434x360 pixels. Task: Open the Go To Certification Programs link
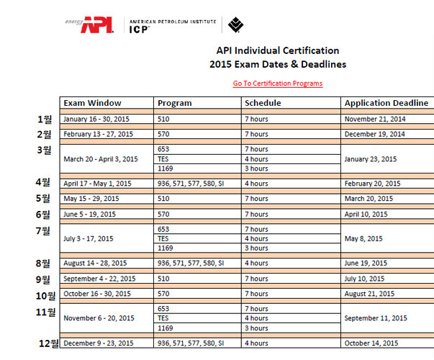277,84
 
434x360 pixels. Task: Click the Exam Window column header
92,103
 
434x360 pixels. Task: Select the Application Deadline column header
386,103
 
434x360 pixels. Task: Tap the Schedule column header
263,103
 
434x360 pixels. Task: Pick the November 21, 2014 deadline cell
375,119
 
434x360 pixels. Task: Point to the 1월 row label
45,119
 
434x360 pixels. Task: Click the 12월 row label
50,343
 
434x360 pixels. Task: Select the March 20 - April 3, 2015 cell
101,159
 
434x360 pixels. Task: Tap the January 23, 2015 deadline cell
371,159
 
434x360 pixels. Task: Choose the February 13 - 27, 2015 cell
98,134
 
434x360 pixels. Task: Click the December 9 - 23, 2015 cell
99,343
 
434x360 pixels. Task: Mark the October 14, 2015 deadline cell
371,343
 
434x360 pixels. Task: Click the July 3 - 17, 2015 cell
90,238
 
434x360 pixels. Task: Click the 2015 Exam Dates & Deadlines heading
277,64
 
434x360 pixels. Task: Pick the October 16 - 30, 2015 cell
95,294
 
